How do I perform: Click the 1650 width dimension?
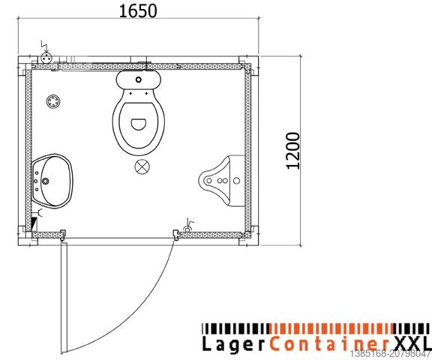137,11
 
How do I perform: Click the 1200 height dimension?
293,151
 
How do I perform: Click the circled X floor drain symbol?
140,166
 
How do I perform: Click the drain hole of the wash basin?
46,180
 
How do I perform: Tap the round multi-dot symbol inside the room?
53,102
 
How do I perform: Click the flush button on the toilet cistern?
138,79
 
